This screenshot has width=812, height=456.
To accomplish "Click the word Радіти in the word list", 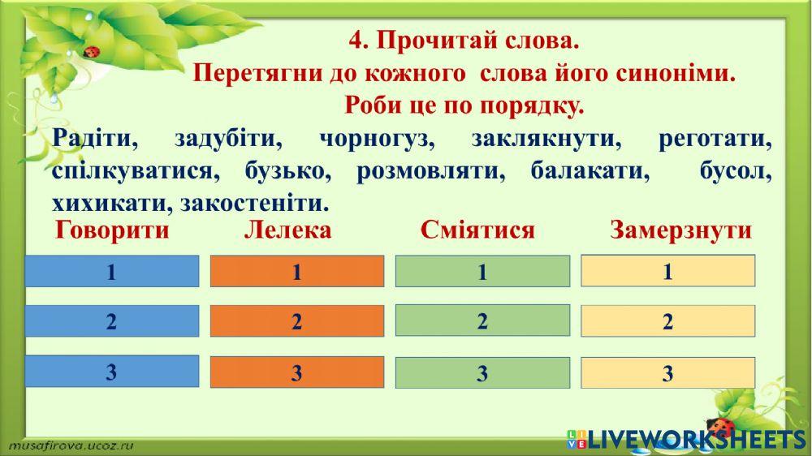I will pos(94,139).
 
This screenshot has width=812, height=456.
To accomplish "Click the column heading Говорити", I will pos(113,230).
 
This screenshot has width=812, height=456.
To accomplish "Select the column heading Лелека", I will pos(287,230).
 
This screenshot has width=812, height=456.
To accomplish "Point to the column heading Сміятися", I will pos(477,230).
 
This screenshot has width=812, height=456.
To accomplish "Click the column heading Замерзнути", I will pos(680,230).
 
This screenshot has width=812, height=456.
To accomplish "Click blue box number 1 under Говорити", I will pos(112,272).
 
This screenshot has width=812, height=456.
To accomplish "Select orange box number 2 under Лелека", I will pos(297,322).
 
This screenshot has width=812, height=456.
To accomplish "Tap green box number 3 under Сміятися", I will pos(482,374).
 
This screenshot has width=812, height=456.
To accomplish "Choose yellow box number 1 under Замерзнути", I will pos(668,271).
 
